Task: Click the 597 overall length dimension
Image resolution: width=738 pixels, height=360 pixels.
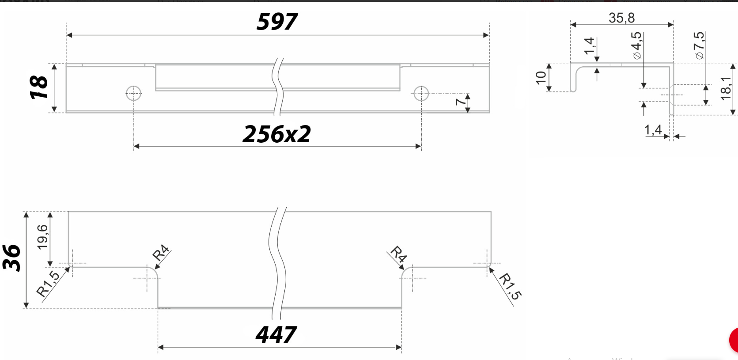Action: click(277, 22)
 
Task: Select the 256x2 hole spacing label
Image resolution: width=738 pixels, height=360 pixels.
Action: click(277, 134)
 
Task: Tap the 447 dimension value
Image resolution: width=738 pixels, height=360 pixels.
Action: click(276, 335)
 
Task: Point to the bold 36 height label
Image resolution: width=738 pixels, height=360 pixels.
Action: click(12, 258)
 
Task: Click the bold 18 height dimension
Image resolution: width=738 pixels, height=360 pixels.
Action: click(39, 87)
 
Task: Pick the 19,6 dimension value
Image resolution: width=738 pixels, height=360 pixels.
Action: click(42, 237)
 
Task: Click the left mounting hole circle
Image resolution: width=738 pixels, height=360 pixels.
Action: click(133, 93)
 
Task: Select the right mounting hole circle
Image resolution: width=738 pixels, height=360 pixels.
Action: click(421, 93)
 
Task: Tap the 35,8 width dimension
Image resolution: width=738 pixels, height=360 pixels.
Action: click(621, 18)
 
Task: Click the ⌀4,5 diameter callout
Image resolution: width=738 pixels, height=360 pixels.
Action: click(636, 45)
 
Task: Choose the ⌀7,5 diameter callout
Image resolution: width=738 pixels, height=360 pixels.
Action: click(699, 45)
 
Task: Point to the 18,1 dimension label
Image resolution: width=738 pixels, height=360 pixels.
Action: click(726, 88)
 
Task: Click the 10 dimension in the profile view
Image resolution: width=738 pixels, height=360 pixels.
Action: click(541, 78)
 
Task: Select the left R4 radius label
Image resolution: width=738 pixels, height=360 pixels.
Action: click(161, 253)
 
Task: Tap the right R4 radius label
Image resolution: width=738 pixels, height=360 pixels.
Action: click(398, 254)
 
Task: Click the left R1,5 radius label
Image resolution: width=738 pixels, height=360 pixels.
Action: click(48, 284)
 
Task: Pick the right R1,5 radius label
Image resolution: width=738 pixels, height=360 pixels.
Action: click(510, 286)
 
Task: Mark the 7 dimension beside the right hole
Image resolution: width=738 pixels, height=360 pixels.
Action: click(460, 102)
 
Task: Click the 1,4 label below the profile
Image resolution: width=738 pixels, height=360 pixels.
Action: click(653, 130)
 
